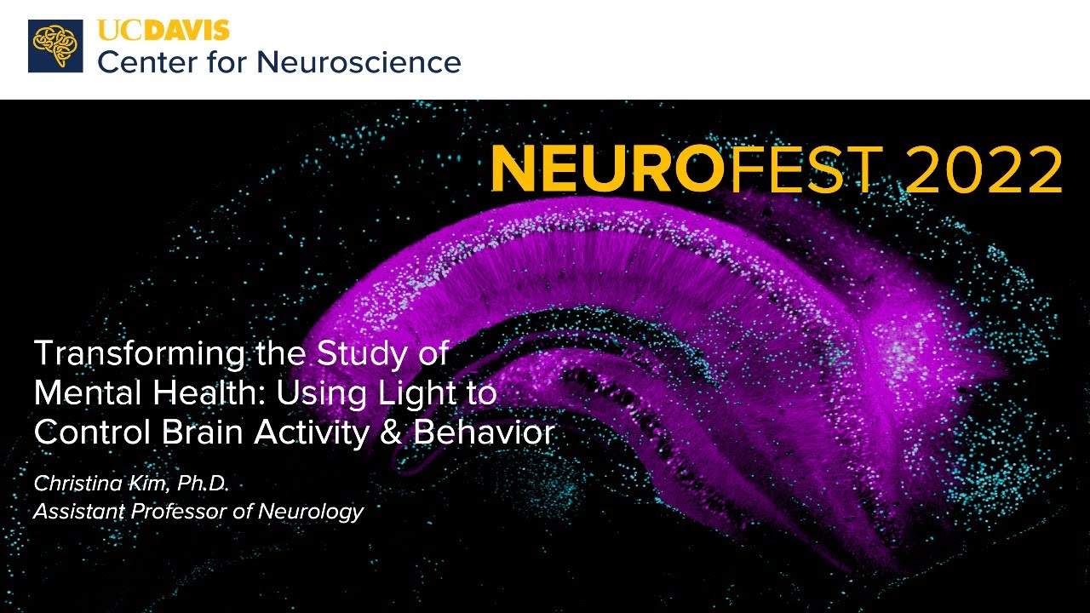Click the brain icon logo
pos(55,46)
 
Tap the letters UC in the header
pos(116,31)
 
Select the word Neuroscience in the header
pos(359,62)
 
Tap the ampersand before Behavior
pos(395,433)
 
